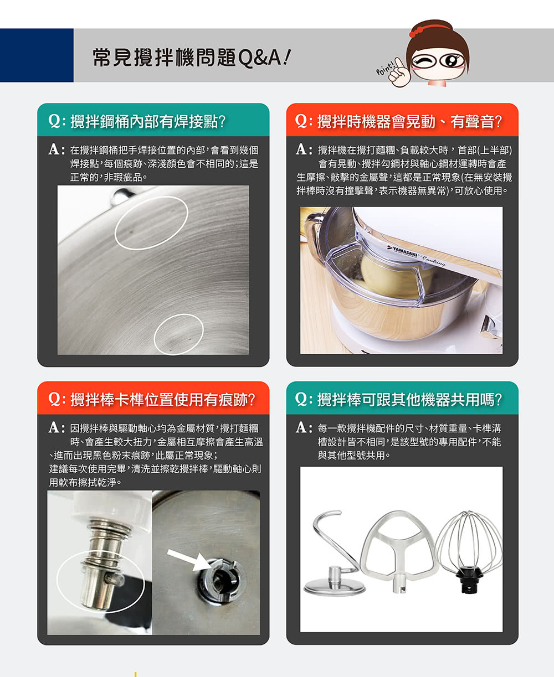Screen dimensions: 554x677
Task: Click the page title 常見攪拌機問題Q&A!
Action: point(192,58)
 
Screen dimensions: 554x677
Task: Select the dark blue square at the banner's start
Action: point(37,55)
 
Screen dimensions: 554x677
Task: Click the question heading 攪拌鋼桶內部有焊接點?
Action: point(137,122)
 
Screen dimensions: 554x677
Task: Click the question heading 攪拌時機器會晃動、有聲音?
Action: point(398,122)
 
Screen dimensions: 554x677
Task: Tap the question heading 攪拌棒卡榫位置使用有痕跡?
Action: point(152,400)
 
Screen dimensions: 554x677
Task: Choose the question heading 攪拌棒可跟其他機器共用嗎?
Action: point(398,400)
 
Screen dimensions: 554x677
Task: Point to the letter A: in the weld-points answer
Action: point(57,149)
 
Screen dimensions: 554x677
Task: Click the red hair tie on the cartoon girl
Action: point(417,31)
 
